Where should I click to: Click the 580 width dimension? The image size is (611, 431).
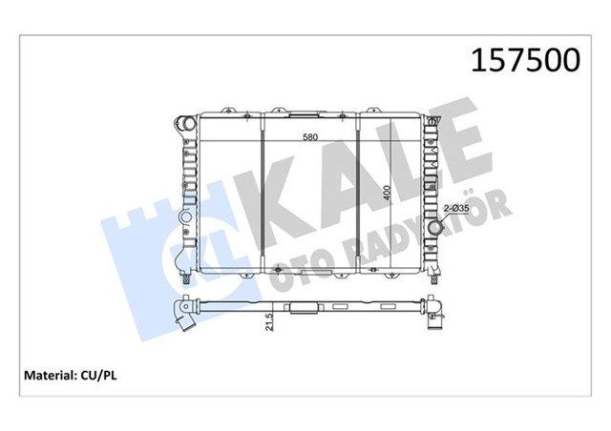click(306, 136)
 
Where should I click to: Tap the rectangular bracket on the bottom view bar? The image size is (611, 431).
click(303, 310)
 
